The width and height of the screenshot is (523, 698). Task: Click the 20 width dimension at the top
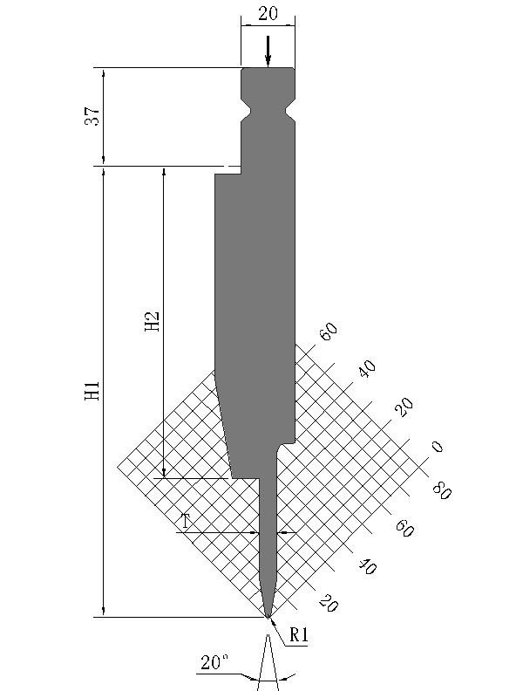[x=268, y=14]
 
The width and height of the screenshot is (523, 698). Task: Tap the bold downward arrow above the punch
[x=268, y=51]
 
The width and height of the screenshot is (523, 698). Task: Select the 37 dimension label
[x=92, y=116]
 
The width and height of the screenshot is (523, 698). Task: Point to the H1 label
[x=92, y=389]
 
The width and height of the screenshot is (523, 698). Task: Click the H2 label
[x=152, y=321]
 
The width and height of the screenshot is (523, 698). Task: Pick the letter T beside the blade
[x=185, y=521]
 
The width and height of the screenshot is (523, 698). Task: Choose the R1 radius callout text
[x=298, y=634]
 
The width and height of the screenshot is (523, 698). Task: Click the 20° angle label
[x=214, y=662]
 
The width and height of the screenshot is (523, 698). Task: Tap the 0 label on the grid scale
[x=438, y=447]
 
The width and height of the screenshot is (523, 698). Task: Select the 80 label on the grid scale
[x=442, y=490]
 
